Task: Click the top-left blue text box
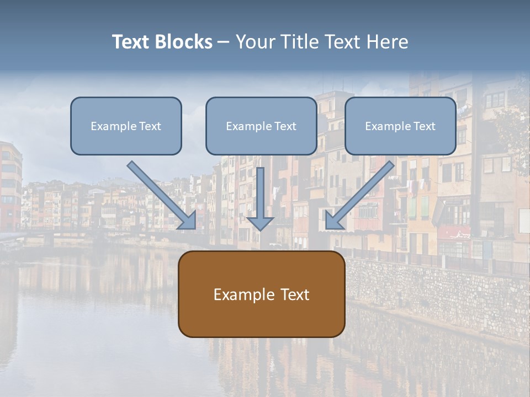pos(126,126)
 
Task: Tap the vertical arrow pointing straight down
pos(261,196)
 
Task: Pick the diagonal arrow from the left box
pos(160,193)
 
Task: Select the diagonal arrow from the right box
pos(362,193)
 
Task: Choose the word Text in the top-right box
pos(424,126)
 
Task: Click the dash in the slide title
pos(224,42)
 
